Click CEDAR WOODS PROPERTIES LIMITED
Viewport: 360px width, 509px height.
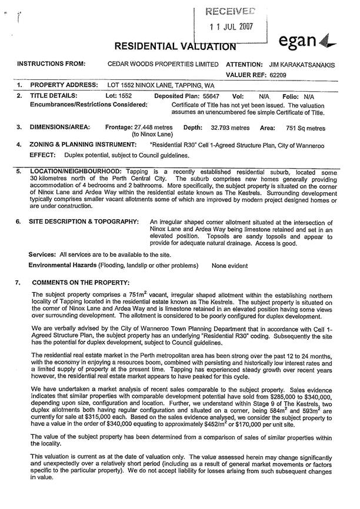pyautogui.click(x=164, y=63)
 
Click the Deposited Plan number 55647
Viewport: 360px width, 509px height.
pyautogui.click(x=211, y=95)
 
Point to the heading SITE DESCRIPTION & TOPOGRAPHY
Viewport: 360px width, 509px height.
pyautogui.click(x=84, y=222)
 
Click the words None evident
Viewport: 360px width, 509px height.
pyautogui.click(x=230, y=266)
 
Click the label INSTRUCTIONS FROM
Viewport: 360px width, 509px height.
pyautogui.click(x=52, y=63)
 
